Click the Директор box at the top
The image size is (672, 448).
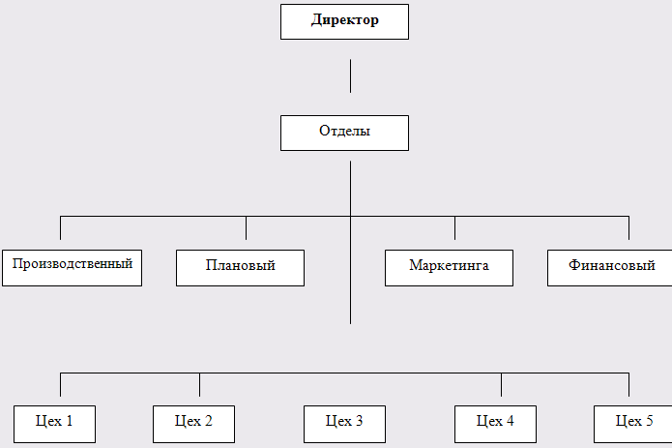click(x=344, y=21)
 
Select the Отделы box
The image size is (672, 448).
click(x=344, y=133)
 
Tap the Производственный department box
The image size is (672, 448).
click(x=72, y=265)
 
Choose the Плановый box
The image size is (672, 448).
click(x=240, y=267)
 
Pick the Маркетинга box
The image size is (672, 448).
click(x=449, y=267)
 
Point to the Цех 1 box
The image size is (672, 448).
click(x=54, y=423)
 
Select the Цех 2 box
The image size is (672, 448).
click(x=193, y=423)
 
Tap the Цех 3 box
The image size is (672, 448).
click(x=344, y=423)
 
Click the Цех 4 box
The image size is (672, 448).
click(x=495, y=423)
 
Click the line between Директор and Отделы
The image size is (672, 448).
click(x=350, y=75)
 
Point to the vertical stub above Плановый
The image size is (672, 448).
click(x=246, y=227)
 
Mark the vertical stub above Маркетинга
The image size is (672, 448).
click(x=454, y=227)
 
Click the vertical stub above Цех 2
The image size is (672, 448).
click(x=199, y=385)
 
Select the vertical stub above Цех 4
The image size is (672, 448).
click(x=501, y=385)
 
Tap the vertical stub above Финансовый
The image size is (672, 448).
click(x=628, y=227)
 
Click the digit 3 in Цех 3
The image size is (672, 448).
click(x=359, y=421)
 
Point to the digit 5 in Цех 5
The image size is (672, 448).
click(x=649, y=421)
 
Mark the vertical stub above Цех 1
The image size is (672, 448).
click(x=60, y=385)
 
